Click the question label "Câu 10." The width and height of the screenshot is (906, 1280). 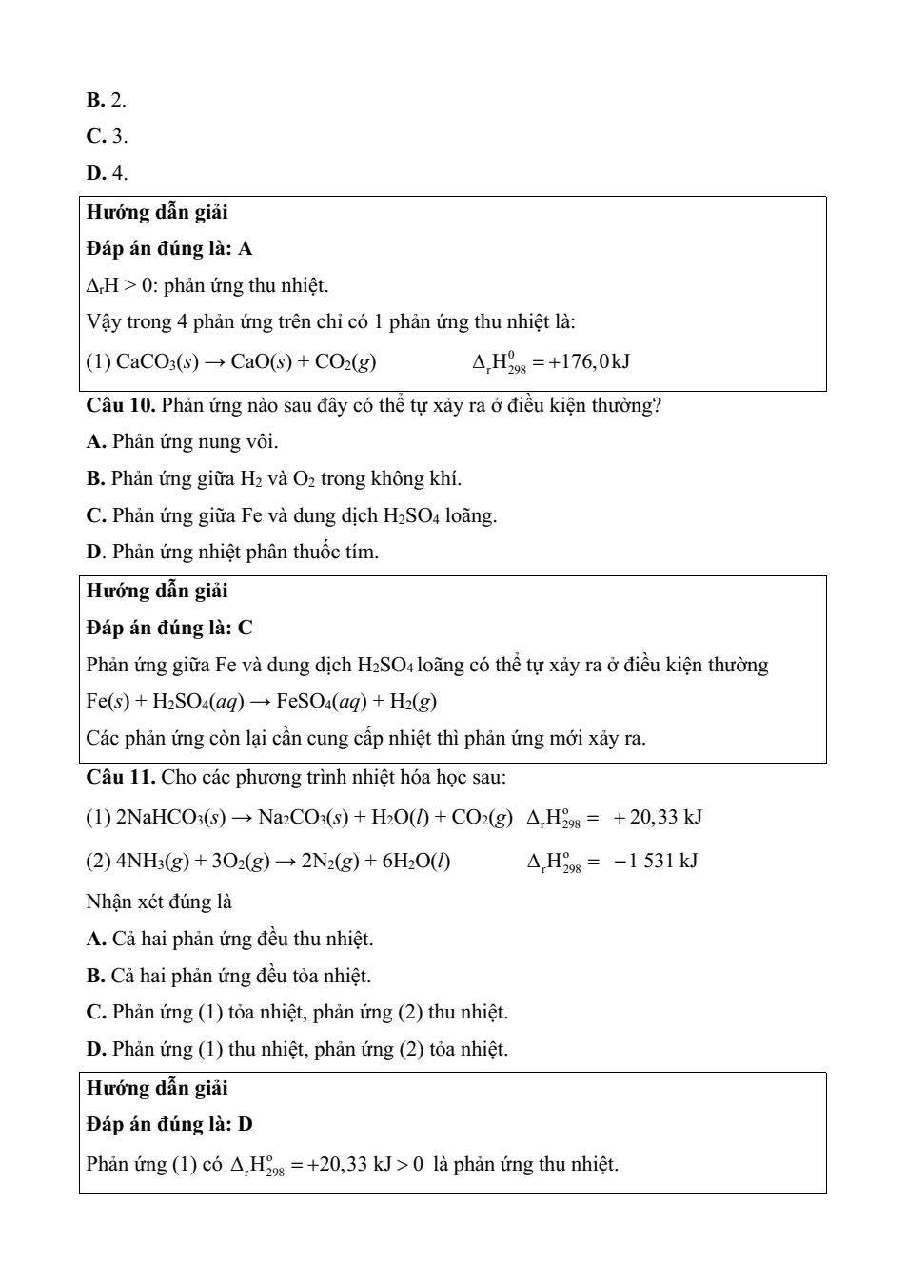point(121,406)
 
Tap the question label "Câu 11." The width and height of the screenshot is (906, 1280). point(121,777)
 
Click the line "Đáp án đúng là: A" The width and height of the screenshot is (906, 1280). point(169,249)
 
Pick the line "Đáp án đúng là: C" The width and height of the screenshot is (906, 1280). point(169,628)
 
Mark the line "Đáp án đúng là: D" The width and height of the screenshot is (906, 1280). point(169,1125)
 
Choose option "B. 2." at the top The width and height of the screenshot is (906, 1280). point(106,100)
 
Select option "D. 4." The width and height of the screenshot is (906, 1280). point(107,173)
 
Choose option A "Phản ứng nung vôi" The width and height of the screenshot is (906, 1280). point(182,442)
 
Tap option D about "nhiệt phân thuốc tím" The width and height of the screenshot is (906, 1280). point(232,553)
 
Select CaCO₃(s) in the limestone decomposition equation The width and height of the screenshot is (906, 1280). point(157,362)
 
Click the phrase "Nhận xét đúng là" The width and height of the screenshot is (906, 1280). point(159,902)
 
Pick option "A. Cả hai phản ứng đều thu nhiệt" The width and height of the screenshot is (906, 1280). point(229,940)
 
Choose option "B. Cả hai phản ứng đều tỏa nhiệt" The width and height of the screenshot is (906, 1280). point(228,976)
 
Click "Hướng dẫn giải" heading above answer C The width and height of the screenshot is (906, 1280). point(157,592)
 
